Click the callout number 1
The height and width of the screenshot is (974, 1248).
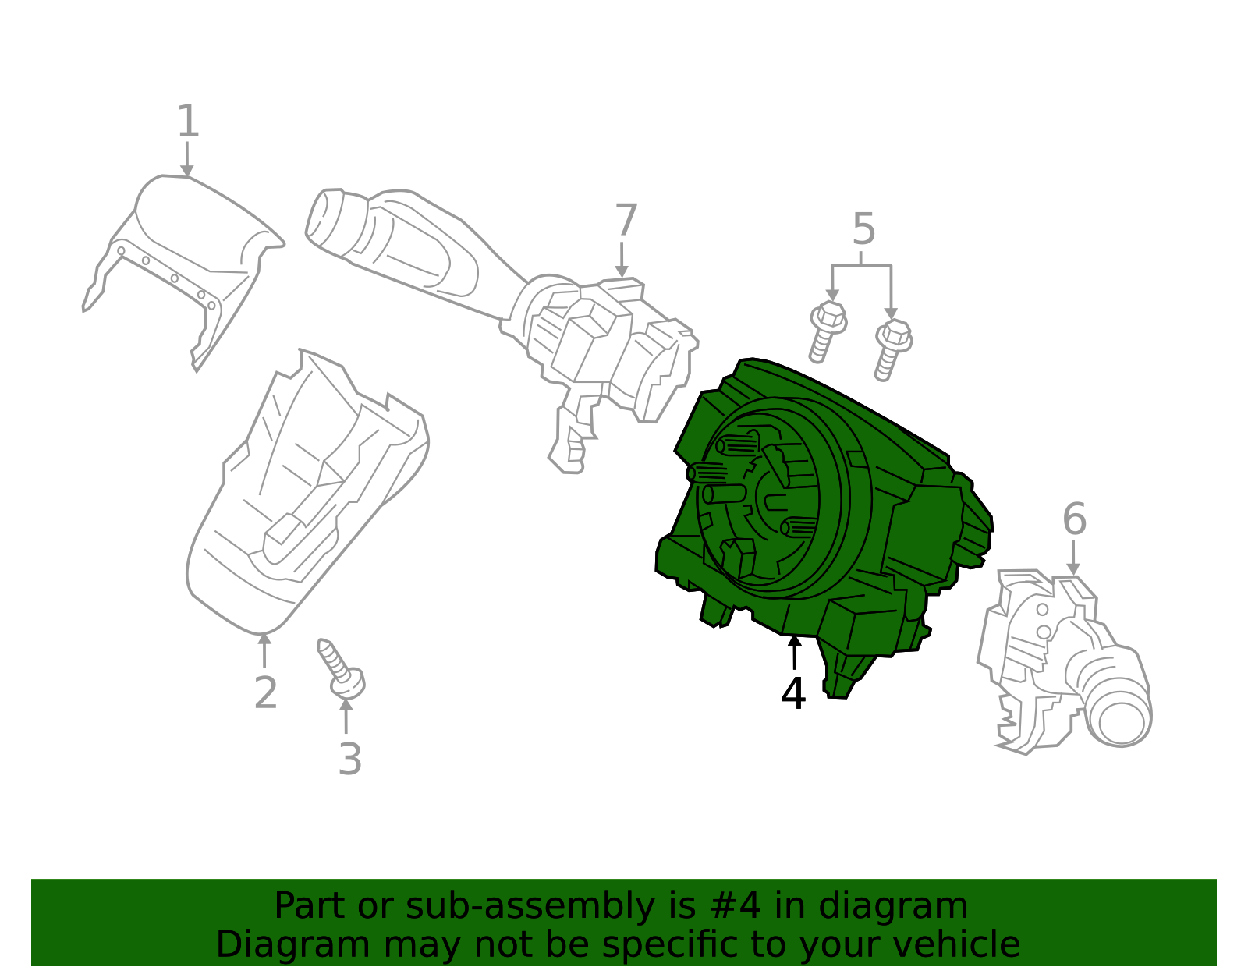(x=188, y=122)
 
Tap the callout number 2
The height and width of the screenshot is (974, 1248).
(x=265, y=692)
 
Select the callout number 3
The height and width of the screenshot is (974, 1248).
(x=350, y=759)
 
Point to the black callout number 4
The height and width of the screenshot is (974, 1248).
(x=793, y=693)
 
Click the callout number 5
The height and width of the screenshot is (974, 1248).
(x=863, y=229)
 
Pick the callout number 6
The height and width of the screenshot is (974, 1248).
(x=1074, y=519)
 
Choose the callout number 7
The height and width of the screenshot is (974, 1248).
(x=626, y=221)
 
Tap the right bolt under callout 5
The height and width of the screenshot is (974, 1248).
(x=892, y=349)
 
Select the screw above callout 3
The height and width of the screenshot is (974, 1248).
(x=342, y=668)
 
